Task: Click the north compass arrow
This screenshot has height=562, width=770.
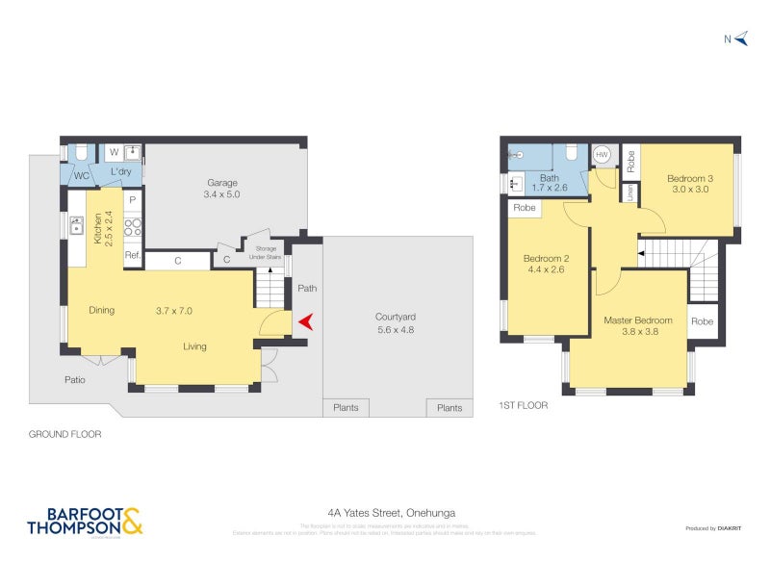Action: pyautogui.click(x=742, y=39)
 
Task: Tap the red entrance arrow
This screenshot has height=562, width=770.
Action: pyautogui.click(x=304, y=322)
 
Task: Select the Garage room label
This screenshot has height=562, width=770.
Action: pyautogui.click(x=222, y=188)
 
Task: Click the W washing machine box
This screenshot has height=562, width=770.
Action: pyautogui.click(x=113, y=152)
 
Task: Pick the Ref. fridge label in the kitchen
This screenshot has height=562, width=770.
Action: pyautogui.click(x=133, y=256)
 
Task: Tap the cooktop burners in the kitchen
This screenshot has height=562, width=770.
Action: pyautogui.click(x=134, y=227)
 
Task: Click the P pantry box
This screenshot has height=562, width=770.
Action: pyautogui.click(x=133, y=200)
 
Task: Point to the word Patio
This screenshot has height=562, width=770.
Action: pyautogui.click(x=75, y=379)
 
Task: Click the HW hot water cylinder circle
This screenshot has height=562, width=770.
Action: pyautogui.click(x=603, y=154)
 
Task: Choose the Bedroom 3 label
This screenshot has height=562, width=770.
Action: pyautogui.click(x=689, y=183)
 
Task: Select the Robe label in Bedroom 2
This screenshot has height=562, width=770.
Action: pyautogui.click(x=524, y=208)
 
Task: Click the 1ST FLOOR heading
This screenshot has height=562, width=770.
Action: pyautogui.click(x=523, y=406)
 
